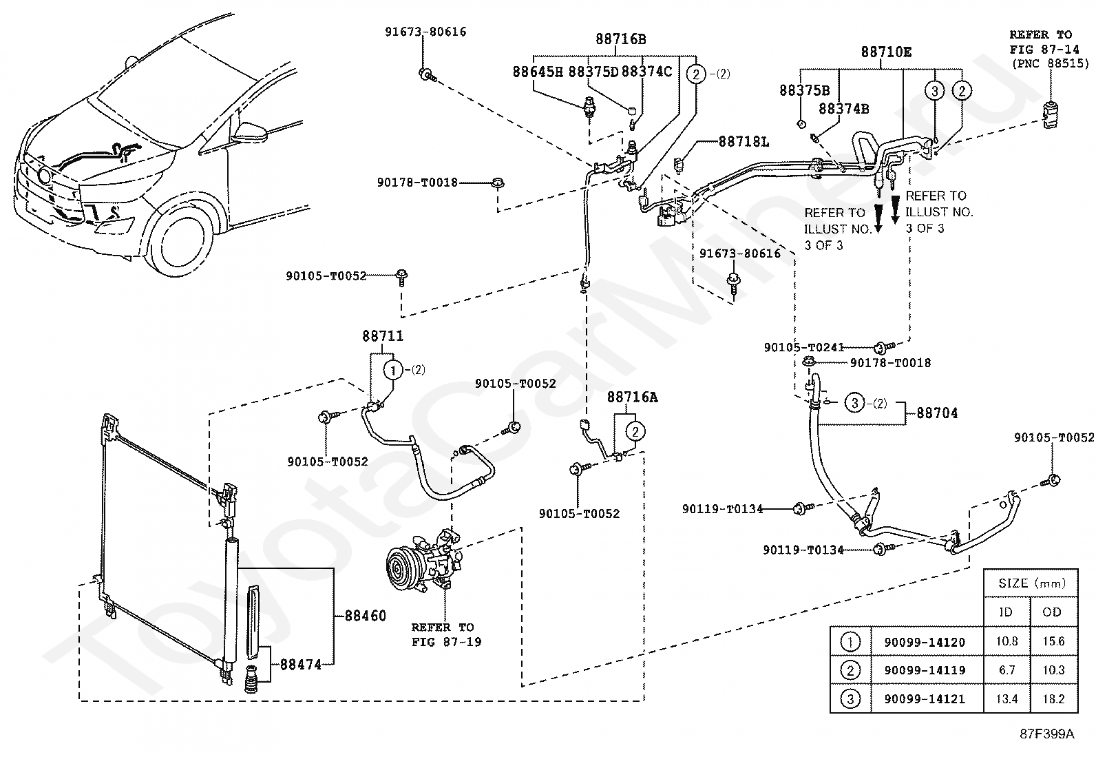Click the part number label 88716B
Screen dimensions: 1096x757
pyautogui.click(x=620, y=39)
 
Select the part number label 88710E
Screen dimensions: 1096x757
pyautogui.click(x=886, y=52)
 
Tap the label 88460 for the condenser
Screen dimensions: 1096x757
pyautogui.click(x=365, y=616)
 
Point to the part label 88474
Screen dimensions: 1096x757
pyautogui.click(x=300, y=665)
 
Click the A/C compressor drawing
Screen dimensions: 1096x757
pyautogui.click(x=423, y=561)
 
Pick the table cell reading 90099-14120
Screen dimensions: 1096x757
pyautogui.click(x=925, y=642)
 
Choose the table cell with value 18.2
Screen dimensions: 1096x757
pyautogui.click(x=1053, y=698)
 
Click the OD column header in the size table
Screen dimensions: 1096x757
pyautogui.click(x=1051, y=612)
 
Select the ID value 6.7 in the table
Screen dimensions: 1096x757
pyautogui.click(x=1007, y=670)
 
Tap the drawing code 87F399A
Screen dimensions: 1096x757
pyautogui.click(x=1046, y=734)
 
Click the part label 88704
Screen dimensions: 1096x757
pyautogui.click(x=937, y=413)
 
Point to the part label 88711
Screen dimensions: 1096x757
pyautogui.click(x=383, y=336)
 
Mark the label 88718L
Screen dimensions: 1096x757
pyautogui.click(x=744, y=142)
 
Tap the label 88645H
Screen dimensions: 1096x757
pyautogui.click(x=538, y=72)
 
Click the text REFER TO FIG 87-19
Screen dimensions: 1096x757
pyautogui.click(x=445, y=634)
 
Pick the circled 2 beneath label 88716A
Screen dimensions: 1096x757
pyautogui.click(x=635, y=431)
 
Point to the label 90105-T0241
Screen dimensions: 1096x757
pyautogui.click(x=804, y=347)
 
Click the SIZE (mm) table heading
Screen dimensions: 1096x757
pyautogui.click(x=1031, y=583)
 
